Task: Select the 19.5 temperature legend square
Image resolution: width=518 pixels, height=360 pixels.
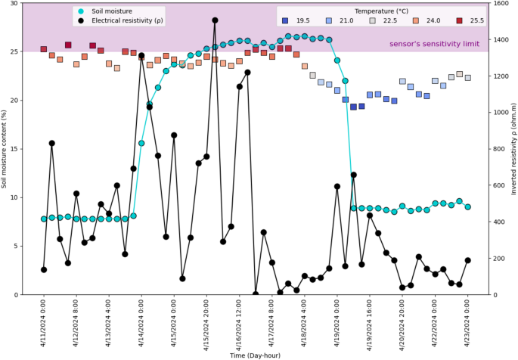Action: [x=285, y=20]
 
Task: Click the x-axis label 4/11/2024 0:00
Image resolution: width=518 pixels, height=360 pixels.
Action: [x=44, y=321]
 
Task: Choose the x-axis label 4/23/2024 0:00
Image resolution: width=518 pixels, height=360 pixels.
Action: [x=468, y=321]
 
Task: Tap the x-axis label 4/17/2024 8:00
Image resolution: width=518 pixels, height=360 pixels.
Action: [x=272, y=321]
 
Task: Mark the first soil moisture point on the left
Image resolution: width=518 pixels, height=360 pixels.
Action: [x=44, y=219]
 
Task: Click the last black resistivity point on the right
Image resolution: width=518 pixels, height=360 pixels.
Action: [x=468, y=260]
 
